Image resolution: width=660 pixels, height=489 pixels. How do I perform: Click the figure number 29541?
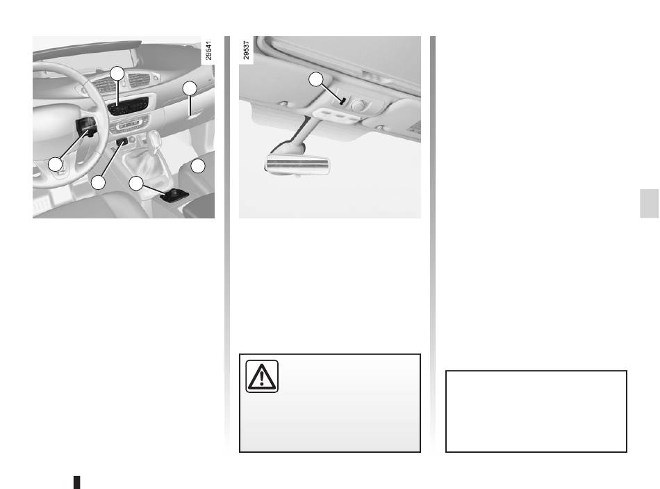[208, 50]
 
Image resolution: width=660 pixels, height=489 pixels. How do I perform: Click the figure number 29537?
[246, 50]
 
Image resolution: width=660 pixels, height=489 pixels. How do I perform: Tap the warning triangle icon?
[262, 376]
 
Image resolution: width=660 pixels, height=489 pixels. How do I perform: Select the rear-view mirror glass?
[297, 164]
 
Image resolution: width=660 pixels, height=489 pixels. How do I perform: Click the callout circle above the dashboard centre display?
[117, 74]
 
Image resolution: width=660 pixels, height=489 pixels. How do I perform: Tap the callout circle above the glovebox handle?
[190, 88]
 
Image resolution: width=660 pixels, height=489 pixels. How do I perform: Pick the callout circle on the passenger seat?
[198, 166]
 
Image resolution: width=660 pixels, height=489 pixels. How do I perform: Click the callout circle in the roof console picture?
[316, 79]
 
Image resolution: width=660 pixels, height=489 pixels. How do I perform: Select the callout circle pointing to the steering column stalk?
[56, 164]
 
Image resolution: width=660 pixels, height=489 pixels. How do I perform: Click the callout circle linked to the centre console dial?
[136, 183]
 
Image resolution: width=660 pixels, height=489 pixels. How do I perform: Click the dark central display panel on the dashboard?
[129, 106]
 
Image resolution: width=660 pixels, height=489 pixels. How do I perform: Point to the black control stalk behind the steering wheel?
[86, 127]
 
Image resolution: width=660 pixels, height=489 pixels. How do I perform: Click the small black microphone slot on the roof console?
[343, 101]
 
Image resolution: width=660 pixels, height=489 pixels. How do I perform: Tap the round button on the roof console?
[358, 105]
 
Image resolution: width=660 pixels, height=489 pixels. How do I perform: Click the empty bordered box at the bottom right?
[536, 411]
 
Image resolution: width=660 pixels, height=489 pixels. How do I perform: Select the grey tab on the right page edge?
[650, 204]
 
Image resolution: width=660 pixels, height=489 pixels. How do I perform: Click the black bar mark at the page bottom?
[77, 482]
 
